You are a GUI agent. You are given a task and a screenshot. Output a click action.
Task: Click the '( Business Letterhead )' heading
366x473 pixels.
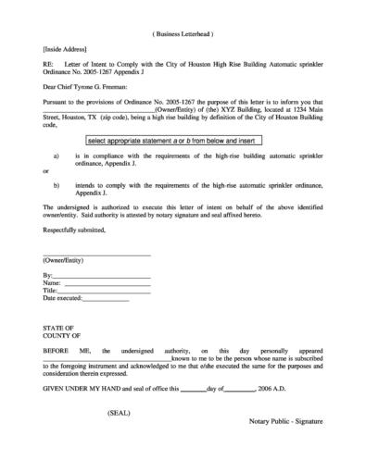[183, 33]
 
